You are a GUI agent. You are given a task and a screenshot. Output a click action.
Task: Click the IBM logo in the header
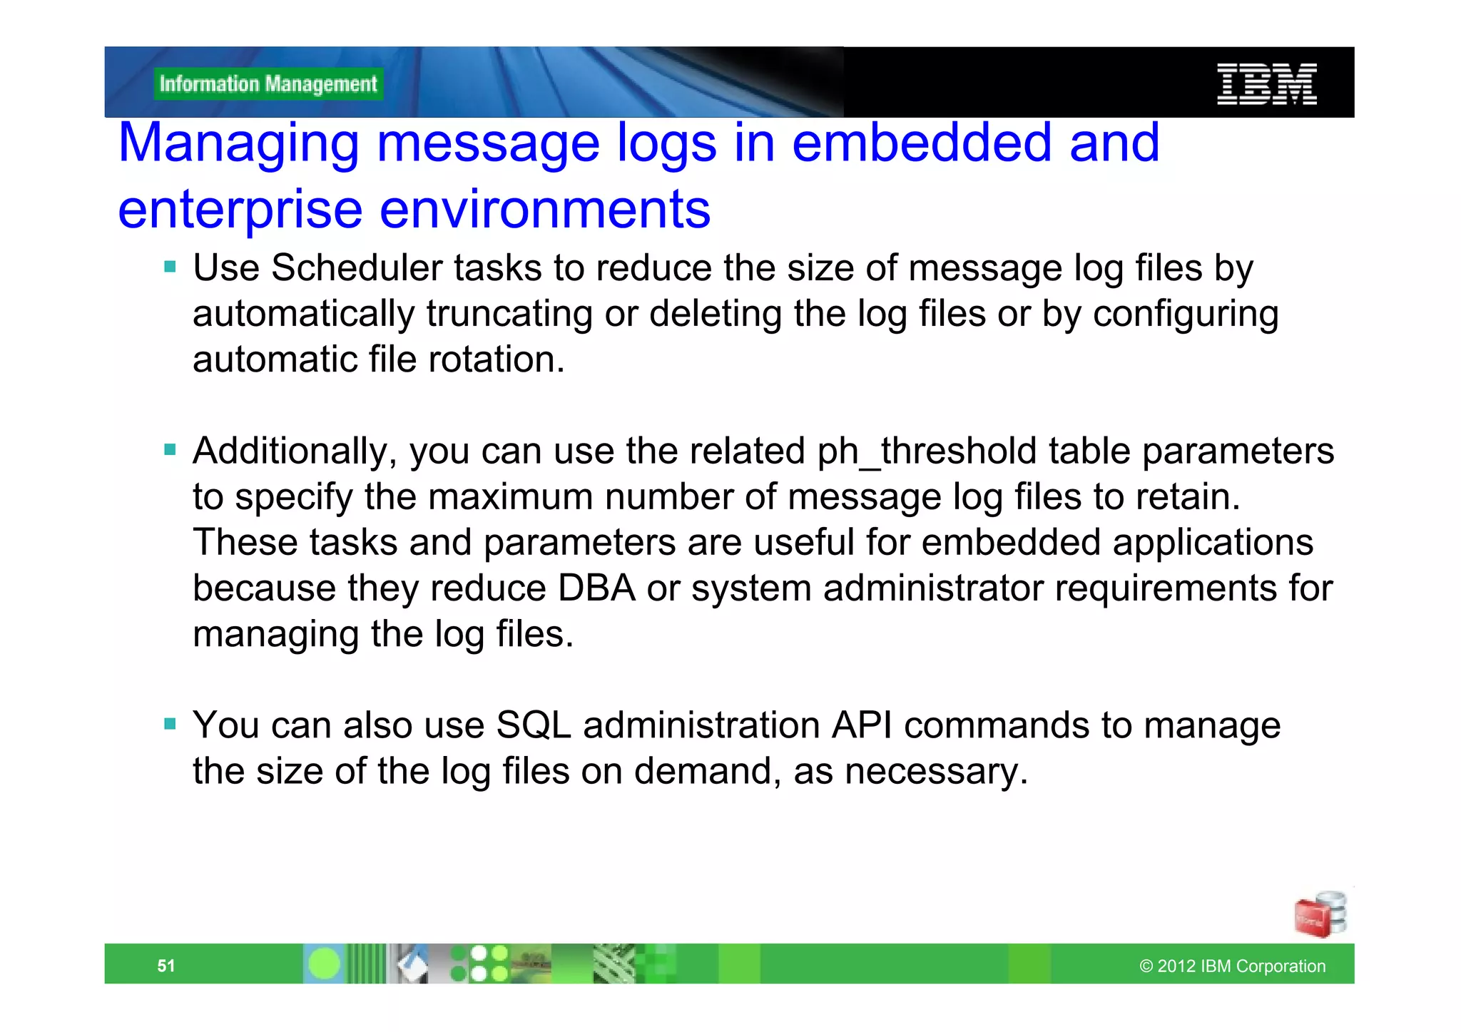pyautogui.click(x=1266, y=84)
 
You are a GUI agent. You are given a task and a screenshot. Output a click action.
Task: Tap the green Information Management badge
pyautogui.click(x=268, y=84)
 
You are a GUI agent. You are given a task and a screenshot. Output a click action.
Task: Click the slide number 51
pyautogui.click(x=166, y=966)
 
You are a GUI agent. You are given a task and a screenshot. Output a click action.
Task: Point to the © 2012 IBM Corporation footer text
pyautogui.click(x=1232, y=966)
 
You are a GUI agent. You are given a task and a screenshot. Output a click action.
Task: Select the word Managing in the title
pyautogui.click(x=238, y=143)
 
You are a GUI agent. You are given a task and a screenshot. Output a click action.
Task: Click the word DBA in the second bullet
pyautogui.click(x=596, y=588)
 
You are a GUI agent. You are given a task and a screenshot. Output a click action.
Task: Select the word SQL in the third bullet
pyautogui.click(x=534, y=725)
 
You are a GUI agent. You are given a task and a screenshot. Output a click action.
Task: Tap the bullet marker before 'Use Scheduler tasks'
pyautogui.click(x=170, y=267)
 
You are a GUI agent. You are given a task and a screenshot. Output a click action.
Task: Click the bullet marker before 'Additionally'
pyautogui.click(x=170, y=450)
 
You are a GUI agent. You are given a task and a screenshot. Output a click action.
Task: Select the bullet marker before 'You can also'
pyautogui.click(x=170, y=725)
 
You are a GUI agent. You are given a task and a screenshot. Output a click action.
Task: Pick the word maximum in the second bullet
pyautogui.click(x=510, y=497)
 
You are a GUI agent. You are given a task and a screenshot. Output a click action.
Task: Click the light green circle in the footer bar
pyautogui.click(x=325, y=964)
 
